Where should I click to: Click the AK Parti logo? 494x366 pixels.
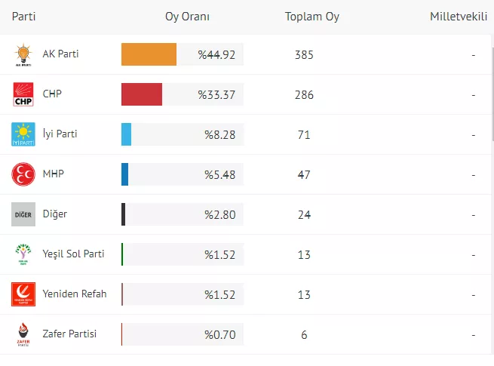point(23,55)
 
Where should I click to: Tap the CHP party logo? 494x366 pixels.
point(23,95)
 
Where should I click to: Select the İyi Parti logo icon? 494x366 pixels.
point(23,134)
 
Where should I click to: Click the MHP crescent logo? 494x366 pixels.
point(23,174)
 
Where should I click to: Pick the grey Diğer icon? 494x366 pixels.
point(23,214)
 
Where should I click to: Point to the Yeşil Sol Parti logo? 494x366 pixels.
point(23,254)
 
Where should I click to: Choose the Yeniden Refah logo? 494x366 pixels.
point(23,294)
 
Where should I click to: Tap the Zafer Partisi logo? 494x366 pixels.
point(23,334)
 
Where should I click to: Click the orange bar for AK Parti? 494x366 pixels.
point(149,54)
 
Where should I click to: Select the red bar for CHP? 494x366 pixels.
point(142,94)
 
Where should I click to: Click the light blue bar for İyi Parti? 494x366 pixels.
point(126,134)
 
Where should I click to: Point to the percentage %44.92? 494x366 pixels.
point(217,54)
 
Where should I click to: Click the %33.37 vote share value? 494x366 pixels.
point(217,94)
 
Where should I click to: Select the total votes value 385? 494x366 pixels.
point(304,54)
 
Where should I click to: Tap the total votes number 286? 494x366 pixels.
point(304,94)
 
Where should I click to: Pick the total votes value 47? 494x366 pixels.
point(304,174)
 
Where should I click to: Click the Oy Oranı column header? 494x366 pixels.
point(187,17)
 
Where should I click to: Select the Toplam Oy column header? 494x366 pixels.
point(311,17)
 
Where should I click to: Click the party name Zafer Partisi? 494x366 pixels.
point(70,334)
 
